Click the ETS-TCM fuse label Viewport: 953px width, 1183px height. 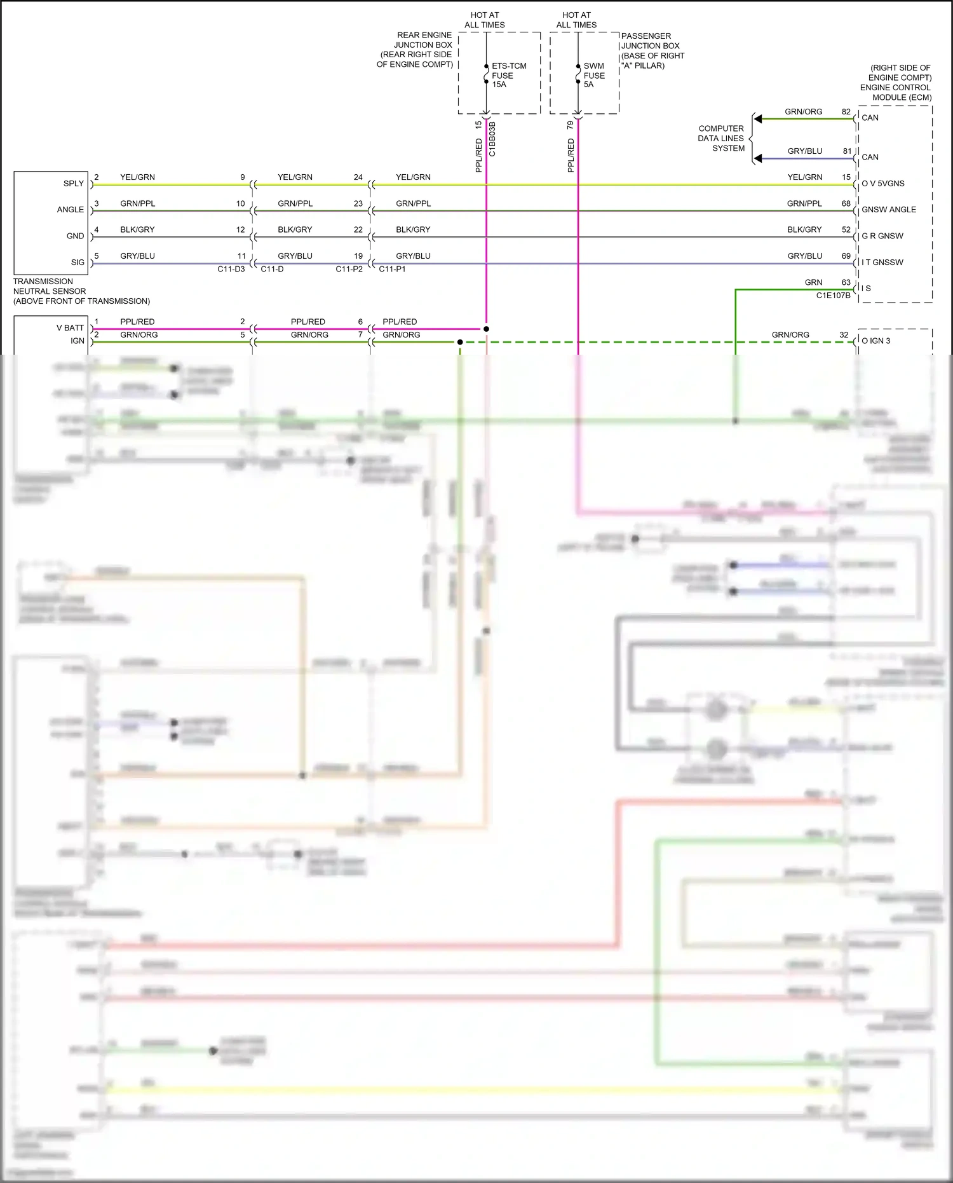pos(508,75)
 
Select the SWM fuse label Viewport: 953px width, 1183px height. pos(593,75)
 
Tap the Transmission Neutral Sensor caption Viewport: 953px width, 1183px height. pos(81,291)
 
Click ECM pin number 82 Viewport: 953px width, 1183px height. pos(846,112)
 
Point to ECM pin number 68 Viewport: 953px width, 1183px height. pos(846,203)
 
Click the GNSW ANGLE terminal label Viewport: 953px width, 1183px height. pos(888,210)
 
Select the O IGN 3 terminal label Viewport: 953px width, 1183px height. pos(875,341)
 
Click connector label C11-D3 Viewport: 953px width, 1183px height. pos(231,270)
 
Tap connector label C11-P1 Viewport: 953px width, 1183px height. pos(392,270)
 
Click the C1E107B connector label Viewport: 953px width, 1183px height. pos(833,296)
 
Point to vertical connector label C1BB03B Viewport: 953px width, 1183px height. pos(492,139)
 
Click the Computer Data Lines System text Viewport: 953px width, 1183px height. pos(720,138)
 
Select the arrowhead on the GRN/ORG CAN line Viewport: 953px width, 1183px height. pos(757,119)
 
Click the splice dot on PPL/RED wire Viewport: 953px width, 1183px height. pos(486,329)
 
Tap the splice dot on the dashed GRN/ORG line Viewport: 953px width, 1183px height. pos(460,342)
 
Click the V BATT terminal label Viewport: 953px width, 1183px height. pos(70,328)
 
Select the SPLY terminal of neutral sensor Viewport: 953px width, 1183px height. pos(73,184)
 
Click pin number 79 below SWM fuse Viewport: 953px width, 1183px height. pos(570,125)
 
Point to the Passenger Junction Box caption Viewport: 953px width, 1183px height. pos(652,51)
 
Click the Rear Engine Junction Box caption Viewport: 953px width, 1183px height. pos(415,50)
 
